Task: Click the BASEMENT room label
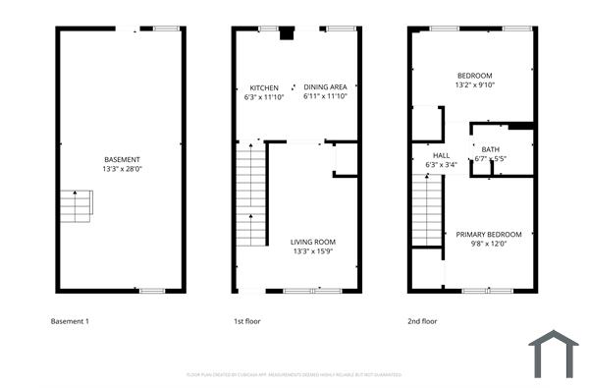[x=122, y=159]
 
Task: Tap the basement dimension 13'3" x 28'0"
[x=122, y=168]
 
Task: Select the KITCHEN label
[x=264, y=87]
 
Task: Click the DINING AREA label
[x=325, y=87]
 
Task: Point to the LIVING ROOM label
[x=313, y=242]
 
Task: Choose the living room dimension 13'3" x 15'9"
[x=313, y=251]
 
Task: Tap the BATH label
[x=491, y=149]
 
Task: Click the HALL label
[x=441, y=155]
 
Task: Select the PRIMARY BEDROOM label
[x=489, y=234]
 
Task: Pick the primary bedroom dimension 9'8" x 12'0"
[x=489, y=244]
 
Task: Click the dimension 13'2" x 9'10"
[x=474, y=84]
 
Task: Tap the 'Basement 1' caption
[x=70, y=321]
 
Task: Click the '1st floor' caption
[x=246, y=321]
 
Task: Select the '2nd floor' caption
[x=423, y=321]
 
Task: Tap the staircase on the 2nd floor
[x=428, y=212]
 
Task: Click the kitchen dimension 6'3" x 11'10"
[x=264, y=96]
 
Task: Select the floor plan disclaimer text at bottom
[x=294, y=374]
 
